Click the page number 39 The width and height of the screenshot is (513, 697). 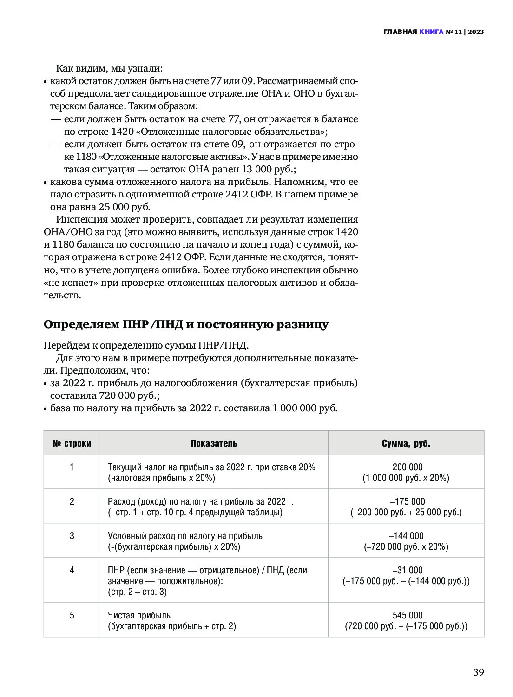coord(478,672)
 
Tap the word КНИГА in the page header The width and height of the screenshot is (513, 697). coord(431,32)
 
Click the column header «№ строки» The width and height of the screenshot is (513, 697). coord(72,443)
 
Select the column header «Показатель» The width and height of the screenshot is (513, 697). coord(214,443)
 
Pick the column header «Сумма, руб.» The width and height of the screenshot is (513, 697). coord(406,443)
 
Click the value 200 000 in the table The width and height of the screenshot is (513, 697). coord(408,467)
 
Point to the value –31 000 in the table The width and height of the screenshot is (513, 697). coord(408,570)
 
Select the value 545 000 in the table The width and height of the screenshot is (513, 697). coord(408,615)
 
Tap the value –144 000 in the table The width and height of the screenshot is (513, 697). coord(408,536)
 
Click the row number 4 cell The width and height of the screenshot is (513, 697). coord(72,570)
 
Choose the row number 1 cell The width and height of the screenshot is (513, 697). coord(72,467)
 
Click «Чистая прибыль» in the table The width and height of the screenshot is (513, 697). coord(139,615)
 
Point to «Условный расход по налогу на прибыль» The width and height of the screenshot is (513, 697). coord(185,536)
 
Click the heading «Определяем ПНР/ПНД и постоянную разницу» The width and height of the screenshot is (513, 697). coord(186,324)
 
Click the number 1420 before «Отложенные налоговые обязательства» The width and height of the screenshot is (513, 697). coord(122,132)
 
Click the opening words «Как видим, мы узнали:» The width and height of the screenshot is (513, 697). coord(109,68)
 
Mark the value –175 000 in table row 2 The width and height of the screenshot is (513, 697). coord(408,501)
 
